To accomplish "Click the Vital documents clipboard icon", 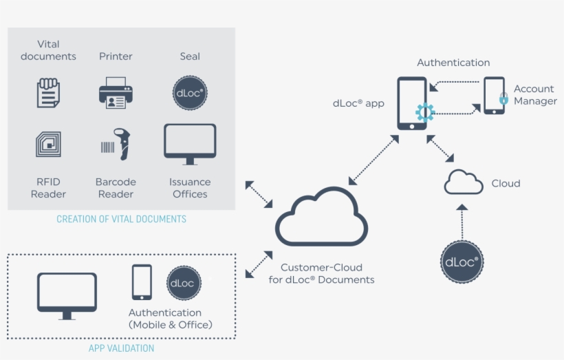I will click(48, 93).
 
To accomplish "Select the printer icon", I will click(116, 93).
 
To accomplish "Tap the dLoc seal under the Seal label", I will click(190, 93).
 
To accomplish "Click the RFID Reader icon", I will click(48, 145).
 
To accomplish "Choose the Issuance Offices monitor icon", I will click(190, 144).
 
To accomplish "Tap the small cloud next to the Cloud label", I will click(464, 182).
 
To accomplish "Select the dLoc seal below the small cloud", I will click(462, 262).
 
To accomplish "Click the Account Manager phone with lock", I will click(494, 96).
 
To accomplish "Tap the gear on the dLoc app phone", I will click(424, 112).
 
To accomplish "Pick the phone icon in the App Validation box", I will click(142, 282).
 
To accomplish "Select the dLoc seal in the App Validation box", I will click(184, 283).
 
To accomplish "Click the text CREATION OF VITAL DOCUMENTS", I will click(121, 220).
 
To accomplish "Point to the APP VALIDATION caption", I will click(121, 348).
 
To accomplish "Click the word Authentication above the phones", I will click(453, 63).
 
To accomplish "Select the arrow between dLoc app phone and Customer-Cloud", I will click(374, 160).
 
